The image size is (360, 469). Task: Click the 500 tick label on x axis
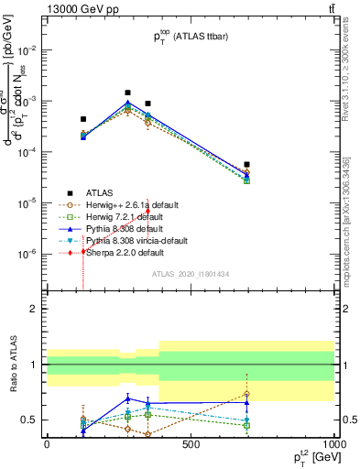pyautogui.click(x=191, y=444)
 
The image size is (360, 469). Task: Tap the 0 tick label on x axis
pyautogui.click(x=47, y=444)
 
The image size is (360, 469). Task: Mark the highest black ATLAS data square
pyautogui.click(x=127, y=93)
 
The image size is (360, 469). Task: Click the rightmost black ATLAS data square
pyautogui.click(x=246, y=165)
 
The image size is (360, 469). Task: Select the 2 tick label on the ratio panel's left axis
pyautogui.click(x=33, y=309)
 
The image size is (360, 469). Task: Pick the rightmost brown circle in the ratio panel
pyautogui.click(x=246, y=395)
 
